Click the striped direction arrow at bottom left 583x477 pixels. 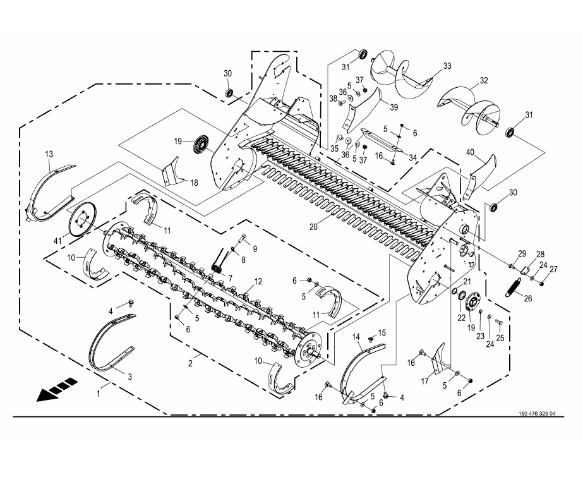tap(57, 389)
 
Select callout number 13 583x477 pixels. tap(49, 154)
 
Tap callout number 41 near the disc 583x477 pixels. tap(57, 241)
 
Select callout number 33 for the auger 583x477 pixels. tap(447, 66)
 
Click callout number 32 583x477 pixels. tap(484, 80)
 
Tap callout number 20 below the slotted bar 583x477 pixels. tap(313, 226)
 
